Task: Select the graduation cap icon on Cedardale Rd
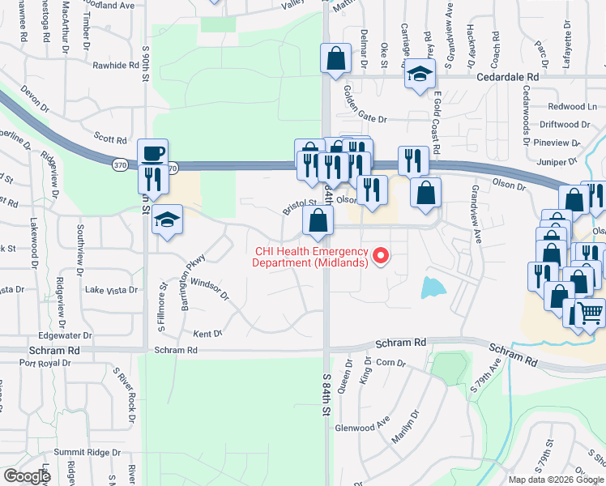click(x=419, y=74)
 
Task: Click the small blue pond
click(x=433, y=286)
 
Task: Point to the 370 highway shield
click(x=119, y=164)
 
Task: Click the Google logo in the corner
click(x=27, y=476)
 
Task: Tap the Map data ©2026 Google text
click(x=556, y=480)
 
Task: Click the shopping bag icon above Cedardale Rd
click(x=335, y=59)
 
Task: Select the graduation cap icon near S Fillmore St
click(x=168, y=220)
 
